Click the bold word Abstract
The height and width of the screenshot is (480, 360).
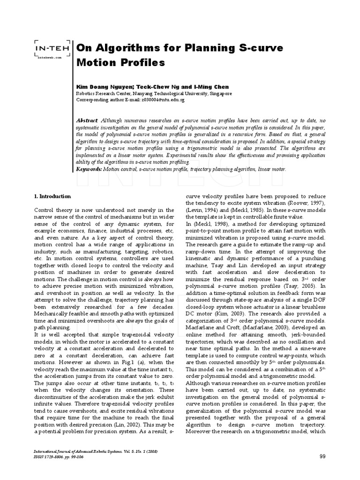pyautogui.click(x=87, y=120)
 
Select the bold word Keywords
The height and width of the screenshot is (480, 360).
pyautogui.click(x=89, y=169)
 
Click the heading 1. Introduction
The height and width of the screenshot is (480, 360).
pyautogui.click(x=52, y=196)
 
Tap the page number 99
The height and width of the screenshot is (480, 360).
pyautogui.click(x=322, y=456)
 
